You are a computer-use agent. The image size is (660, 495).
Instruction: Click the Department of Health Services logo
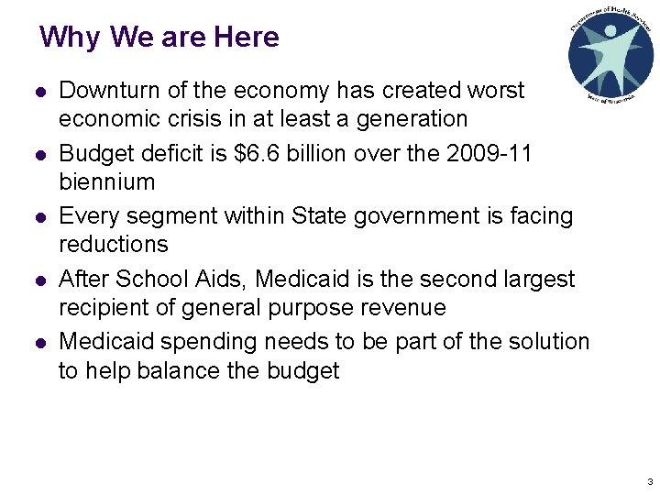pyautogui.click(x=610, y=54)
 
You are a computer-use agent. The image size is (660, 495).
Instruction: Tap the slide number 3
pyautogui.click(x=649, y=481)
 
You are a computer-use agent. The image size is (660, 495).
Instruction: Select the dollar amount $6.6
pyautogui.click(x=262, y=153)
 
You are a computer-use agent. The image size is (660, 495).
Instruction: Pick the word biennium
pyautogui.click(x=106, y=181)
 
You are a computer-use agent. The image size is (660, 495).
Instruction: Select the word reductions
pyautogui.click(x=114, y=245)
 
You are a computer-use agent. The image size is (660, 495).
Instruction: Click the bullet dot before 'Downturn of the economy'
pyautogui.click(x=39, y=92)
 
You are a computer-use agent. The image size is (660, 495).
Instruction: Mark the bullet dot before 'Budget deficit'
pyautogui.click(x=39, y=154)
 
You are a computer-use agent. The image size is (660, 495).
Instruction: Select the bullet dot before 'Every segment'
pyautogui.click(x=39, y=217)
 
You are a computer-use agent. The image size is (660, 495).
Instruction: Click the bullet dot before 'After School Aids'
pyautogui.click(x=39, y=280)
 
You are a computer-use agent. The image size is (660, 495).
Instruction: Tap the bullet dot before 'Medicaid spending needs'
pyautogui.click(x=39, y=343)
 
